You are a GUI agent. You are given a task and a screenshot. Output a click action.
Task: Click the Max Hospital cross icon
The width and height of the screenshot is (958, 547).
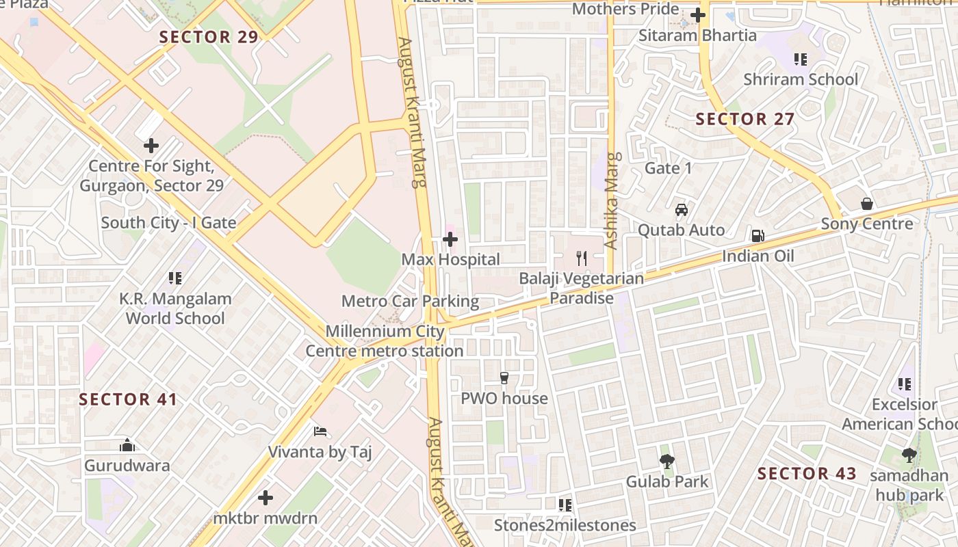(450, 239)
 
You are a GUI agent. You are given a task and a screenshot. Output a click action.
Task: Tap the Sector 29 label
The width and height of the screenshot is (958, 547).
(209, 37)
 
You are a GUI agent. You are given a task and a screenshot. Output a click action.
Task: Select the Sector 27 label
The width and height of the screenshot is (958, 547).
(745, 119)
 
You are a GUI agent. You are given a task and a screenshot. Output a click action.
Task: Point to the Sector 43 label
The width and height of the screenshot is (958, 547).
(807, 473)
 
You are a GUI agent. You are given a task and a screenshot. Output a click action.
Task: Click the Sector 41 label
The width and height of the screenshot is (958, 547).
(128, 399)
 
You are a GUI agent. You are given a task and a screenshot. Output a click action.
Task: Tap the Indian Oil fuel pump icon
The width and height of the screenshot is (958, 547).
(758, 236)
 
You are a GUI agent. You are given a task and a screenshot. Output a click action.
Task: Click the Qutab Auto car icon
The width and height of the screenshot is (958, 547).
(681, 210)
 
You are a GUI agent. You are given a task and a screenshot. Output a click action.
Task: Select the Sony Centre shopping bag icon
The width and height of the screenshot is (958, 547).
(867, 204)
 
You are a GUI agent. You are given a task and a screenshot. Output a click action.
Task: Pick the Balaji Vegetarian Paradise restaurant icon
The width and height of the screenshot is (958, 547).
(582, 258)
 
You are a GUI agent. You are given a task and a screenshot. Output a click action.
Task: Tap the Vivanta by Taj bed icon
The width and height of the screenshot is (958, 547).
(320, 431)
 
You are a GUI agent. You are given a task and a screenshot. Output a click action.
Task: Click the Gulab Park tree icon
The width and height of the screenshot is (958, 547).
(667, 461)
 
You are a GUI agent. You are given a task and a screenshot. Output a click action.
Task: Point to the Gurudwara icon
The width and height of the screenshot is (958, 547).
(127, 446)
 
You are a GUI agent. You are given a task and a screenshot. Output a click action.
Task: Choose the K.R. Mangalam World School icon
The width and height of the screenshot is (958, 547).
(175, 278)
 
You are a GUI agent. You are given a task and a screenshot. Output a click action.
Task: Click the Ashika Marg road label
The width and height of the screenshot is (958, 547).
(611, 201)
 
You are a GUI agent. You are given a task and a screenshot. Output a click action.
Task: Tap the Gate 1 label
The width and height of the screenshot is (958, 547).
(669, 168)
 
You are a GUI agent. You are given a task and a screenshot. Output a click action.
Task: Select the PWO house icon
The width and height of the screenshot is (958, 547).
(504, 378)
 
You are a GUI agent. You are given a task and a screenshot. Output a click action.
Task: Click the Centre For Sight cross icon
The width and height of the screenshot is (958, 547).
(151, 146)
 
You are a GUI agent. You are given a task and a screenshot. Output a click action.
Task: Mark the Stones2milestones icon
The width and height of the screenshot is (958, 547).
(565, 505)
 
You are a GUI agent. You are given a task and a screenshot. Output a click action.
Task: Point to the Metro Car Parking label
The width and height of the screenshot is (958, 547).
(410, 301)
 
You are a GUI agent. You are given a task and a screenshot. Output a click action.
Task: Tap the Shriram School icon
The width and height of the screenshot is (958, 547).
(800, 59)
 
